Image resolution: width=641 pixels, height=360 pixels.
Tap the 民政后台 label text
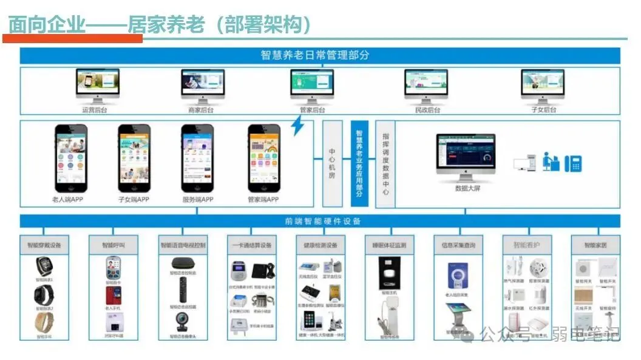(x=427, y=110)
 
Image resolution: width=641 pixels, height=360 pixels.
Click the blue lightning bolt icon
(x=297, y=126)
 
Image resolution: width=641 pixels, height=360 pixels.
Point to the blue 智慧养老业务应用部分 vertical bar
(x=359, y=163)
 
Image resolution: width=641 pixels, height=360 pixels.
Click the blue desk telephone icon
(x=574, y=163)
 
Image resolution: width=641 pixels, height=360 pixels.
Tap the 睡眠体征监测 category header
(x=389, y=245)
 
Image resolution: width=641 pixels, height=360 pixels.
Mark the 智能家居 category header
(x=595, y=245)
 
